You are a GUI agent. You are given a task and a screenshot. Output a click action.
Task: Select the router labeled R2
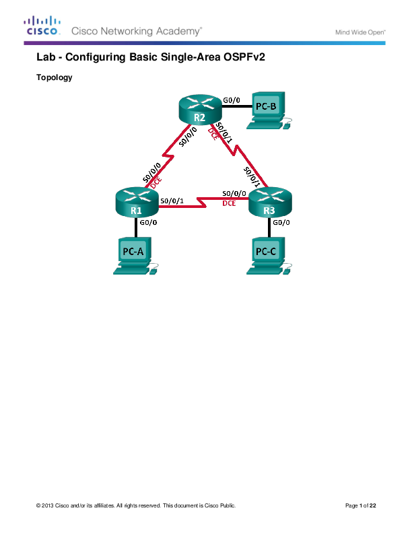pos(199,110)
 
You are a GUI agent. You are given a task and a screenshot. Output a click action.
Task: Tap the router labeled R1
pos(136,201)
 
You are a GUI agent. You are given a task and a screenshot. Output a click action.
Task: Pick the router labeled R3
pos(269,201)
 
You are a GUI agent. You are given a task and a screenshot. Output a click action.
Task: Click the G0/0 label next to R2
pos(232,99)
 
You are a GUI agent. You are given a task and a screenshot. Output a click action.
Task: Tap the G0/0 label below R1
pos(149,222)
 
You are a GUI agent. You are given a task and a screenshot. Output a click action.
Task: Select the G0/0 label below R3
pos(281,222)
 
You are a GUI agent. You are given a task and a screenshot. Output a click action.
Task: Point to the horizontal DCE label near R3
pos(229,203)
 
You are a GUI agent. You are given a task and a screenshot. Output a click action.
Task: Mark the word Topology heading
pos(54,77)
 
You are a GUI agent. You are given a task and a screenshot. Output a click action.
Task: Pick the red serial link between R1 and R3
pos(202,199)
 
